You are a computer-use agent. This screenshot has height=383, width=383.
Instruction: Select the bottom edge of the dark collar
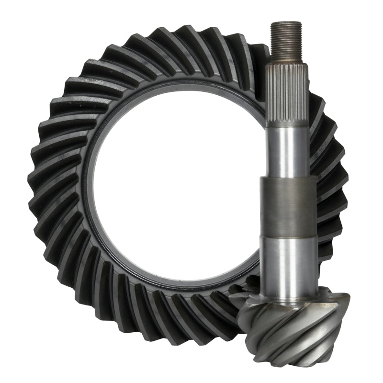point(288,236)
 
